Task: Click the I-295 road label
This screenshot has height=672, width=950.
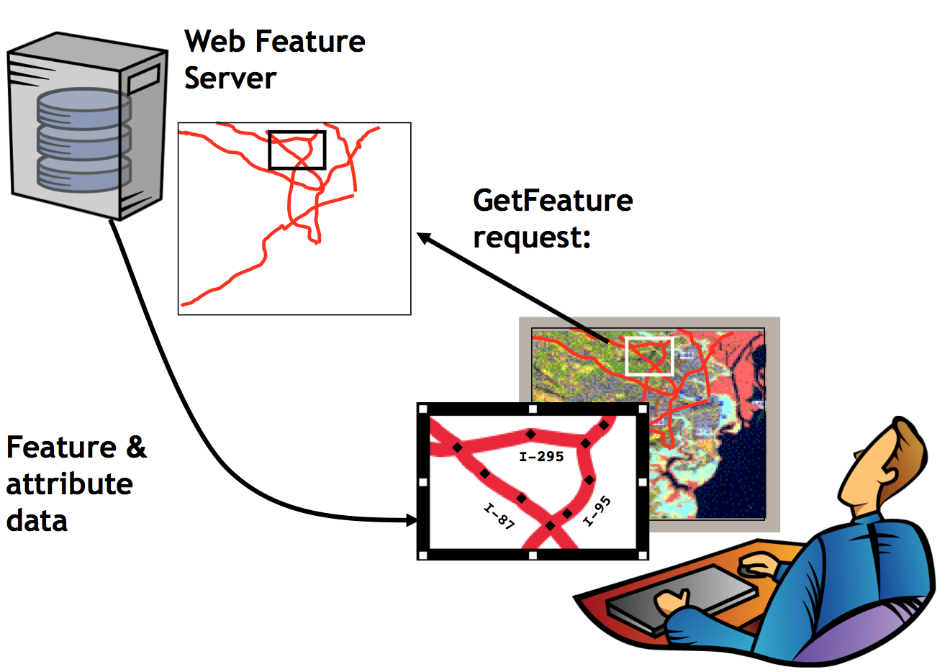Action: click(541, 456)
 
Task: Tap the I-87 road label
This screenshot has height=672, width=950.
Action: click(499, 517)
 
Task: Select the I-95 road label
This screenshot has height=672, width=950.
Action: click(597, 511)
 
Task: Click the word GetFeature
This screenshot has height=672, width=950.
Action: click(553, 200)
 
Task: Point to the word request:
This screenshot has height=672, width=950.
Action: click(532, 237)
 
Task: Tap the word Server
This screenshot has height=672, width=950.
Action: click(230, 78)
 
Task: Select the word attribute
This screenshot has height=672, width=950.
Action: click(69, 483)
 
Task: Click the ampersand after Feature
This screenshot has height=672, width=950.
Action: click(136, 448)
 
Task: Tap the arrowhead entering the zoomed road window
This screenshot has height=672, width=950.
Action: click(412, 520)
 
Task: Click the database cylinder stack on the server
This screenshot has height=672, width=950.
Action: click(83, 140)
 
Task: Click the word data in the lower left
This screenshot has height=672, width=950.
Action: click(37, 520)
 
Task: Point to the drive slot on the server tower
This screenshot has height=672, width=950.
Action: click(144, 80)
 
